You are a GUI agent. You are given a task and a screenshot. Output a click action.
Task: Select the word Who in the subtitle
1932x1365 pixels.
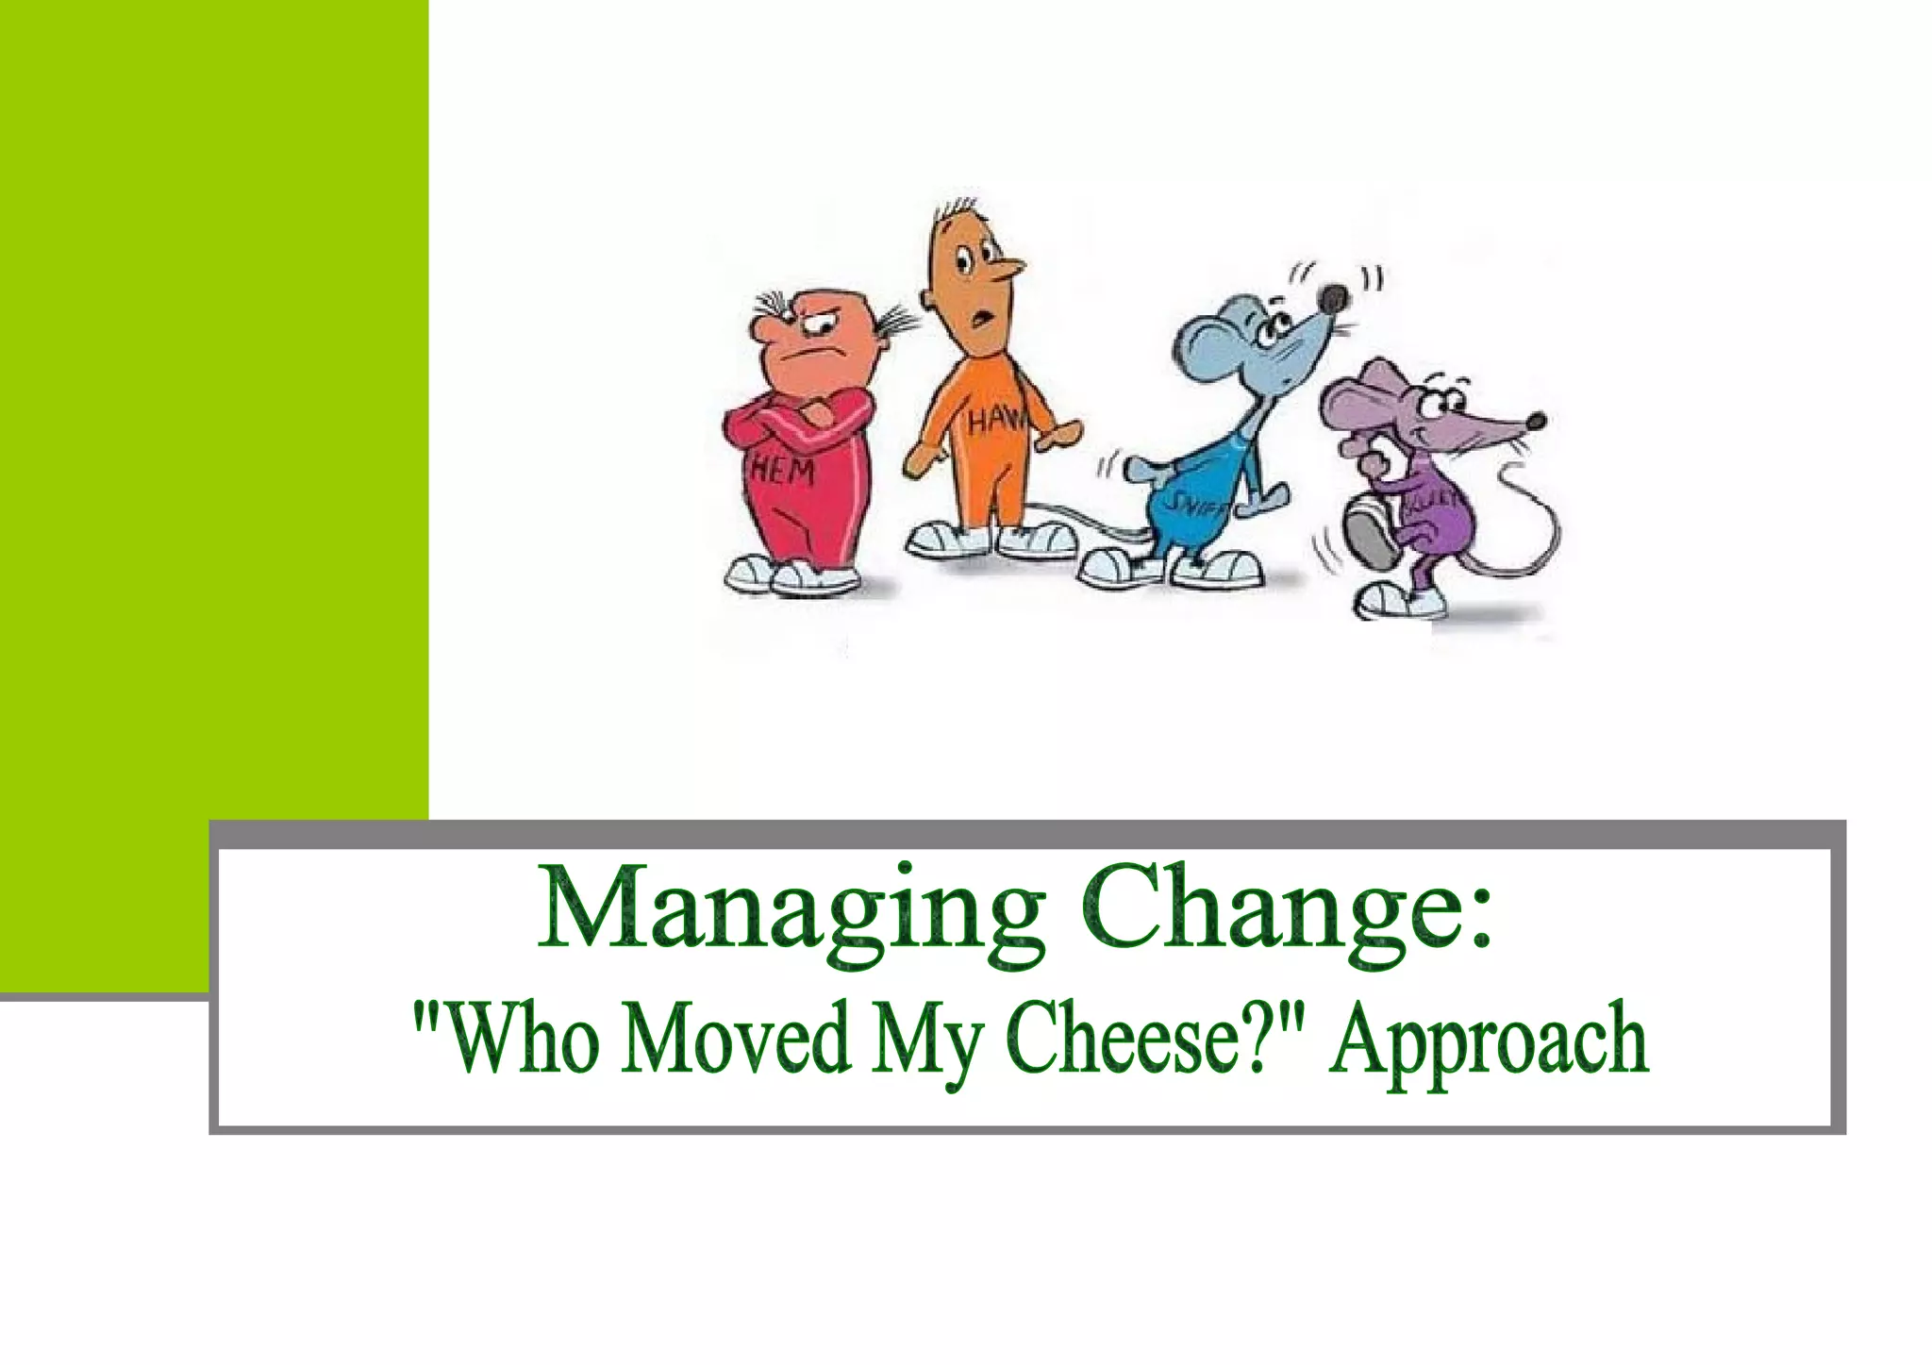[514, 1038]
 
